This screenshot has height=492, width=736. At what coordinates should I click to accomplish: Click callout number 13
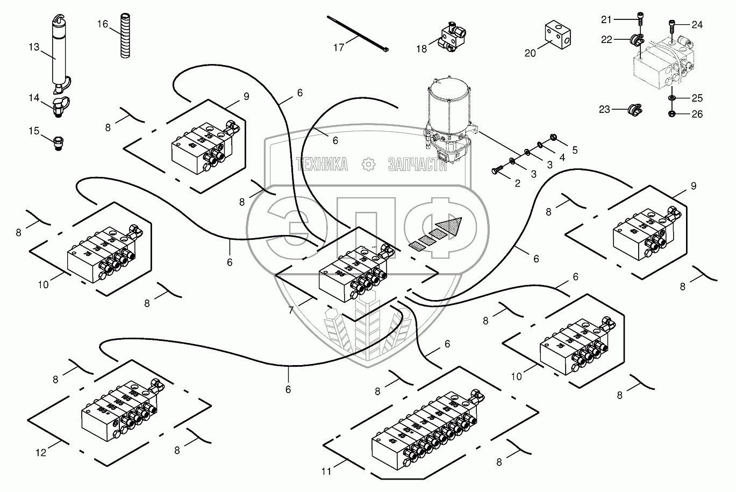click(x=34, y=47)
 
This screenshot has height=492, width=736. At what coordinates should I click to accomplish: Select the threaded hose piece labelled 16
click(x=125, y=38)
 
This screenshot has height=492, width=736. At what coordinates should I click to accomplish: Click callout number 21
click(x=606, y=20)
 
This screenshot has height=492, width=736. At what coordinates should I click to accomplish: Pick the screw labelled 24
click(x=672, y=24)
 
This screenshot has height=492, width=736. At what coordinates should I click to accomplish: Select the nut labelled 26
click(x=673, y=113)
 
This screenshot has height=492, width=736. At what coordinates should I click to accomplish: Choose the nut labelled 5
click(x=553, y=138)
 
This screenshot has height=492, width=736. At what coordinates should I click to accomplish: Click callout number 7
click(x=291, y=310)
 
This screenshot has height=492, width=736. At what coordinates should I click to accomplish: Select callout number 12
click(x=41, y=453)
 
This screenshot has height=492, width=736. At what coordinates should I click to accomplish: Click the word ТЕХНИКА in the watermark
click(x=321, y=165)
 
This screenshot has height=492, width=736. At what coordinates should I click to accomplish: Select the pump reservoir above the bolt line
click(x=447, y=108)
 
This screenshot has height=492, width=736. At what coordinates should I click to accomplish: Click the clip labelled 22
click(x=638, y=39)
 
